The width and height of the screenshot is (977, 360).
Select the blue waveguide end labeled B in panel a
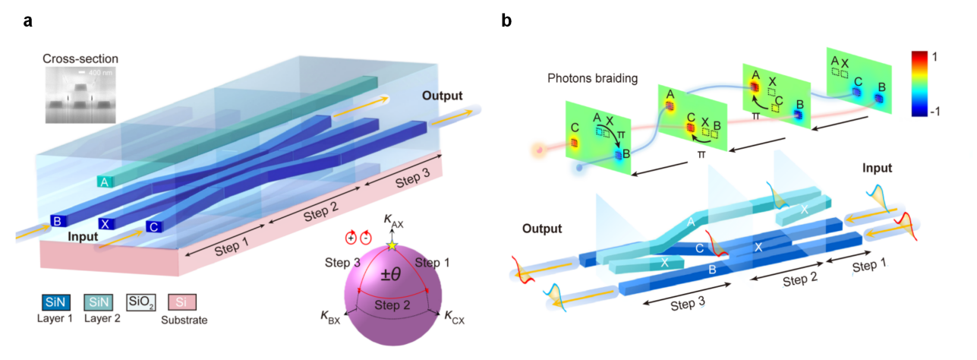[x=57, y=222]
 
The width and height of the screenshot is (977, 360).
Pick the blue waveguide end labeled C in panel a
[x=153, y=226]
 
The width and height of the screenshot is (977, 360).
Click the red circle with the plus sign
[x=351, y=237]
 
